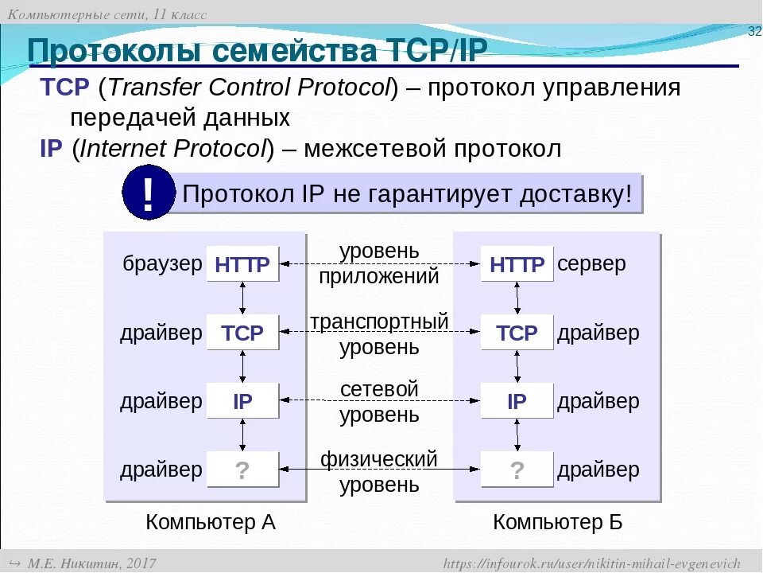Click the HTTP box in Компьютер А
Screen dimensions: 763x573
(x=242, y=264)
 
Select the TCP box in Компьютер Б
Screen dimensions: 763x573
(x=517, y=333)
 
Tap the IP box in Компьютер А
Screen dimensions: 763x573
(x=242, y=401)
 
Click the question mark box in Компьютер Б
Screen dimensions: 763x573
(x=517, y=470)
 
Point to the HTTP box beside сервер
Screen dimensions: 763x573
(x=517, y=264)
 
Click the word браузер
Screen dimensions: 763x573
(x=162, y=264)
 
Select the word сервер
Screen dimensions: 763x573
(x=591, y=264)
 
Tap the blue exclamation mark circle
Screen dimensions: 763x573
(x=149, y=193)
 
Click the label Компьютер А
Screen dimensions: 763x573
(x=211, y=522)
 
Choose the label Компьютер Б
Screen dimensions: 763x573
(x=558, y=522)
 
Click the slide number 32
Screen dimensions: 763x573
(x=754, y=31)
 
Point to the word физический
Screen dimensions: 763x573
(x=379, y=459)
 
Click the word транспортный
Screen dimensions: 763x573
(x=379, y=322)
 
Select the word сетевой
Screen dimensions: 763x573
(x=379, y=390)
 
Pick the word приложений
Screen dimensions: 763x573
(x=379, y=277)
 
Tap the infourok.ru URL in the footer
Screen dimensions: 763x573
(x=591, y=563)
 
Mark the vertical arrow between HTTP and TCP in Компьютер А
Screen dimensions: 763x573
(x=242, y=298)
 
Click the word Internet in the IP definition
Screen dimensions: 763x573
(x=122, y=149)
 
